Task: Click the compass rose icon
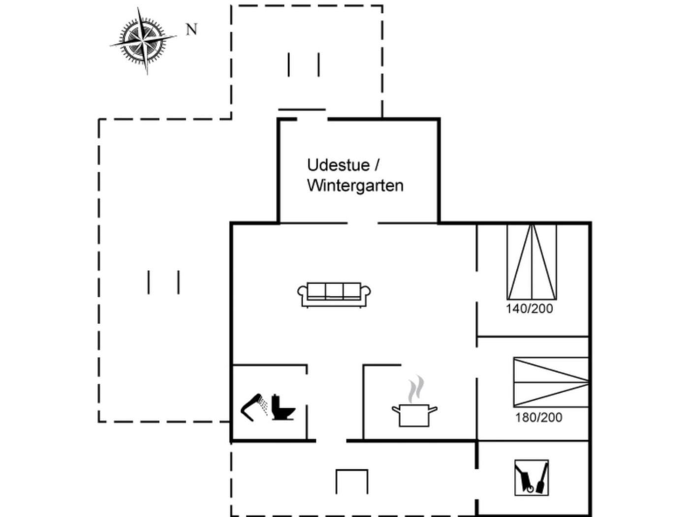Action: coord(143,40)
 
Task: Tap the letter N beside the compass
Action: coord(191,30)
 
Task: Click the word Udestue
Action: coord(338,165)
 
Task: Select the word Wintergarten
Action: coord(355,186)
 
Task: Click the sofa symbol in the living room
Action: coord(334,294)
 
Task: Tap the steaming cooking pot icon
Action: coord(414,414)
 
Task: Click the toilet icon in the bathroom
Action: coord(283,407)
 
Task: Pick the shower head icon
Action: coord(254,407)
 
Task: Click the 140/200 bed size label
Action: coord(530,309)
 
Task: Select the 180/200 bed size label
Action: coord(538,418)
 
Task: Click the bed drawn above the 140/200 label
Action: coord(532,262)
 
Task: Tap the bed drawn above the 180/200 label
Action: coord(551,382)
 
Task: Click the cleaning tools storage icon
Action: coord(532,478)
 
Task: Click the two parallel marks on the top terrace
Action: coord(304,65)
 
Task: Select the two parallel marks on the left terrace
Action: coord(163,282)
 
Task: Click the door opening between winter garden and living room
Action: coord(363,223)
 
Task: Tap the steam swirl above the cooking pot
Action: coord(416,388)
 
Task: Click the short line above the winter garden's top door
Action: coord(302,109)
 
